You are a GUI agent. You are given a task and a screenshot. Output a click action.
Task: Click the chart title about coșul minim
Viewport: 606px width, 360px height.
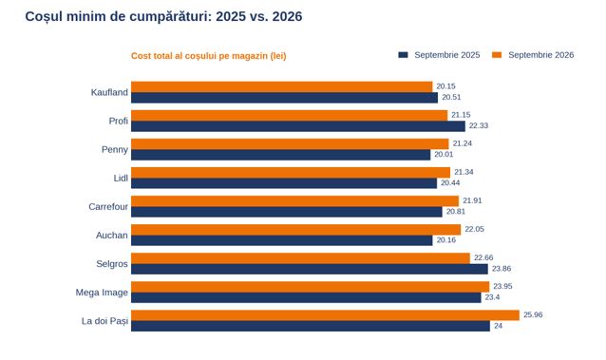[163, 17]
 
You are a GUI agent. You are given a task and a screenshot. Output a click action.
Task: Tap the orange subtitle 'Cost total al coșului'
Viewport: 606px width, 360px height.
[209, 56]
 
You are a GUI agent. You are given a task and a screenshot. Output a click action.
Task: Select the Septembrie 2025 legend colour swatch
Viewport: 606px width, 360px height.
[403, 55]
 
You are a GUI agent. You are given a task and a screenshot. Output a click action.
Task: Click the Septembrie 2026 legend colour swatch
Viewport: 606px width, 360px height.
[497, 55]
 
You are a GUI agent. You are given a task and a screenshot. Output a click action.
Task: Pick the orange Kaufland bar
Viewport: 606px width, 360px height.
[282, 86]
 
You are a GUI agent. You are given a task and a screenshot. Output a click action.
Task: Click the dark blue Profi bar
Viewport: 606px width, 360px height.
[298, 126]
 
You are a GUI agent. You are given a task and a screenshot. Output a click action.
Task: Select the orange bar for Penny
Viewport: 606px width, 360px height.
[290, 143]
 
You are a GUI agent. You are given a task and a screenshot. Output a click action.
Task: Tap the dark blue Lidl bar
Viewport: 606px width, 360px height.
[284, 183]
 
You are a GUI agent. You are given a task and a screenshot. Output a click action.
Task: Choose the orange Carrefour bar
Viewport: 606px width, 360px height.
[294, 201]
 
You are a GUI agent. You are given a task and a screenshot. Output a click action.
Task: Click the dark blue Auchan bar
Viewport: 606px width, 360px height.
[282, 240]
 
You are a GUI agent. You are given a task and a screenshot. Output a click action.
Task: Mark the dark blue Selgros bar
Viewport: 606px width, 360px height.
[310, 269]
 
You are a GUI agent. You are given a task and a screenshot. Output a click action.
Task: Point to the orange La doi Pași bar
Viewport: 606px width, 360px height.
[326, 315]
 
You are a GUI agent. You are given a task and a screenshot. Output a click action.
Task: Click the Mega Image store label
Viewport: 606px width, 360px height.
[102, 293]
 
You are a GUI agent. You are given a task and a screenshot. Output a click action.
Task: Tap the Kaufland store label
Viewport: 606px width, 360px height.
[109, 92]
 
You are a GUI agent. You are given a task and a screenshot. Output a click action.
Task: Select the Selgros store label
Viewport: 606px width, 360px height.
[112, 264]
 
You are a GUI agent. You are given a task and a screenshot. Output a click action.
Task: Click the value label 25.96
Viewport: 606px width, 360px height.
[533, 314]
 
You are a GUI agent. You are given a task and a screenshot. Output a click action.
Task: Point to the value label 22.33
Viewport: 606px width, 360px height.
[479, 125]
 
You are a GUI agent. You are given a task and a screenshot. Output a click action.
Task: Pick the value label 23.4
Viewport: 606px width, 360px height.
[492, 297]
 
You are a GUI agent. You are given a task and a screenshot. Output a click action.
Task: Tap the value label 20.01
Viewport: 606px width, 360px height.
[444, 154]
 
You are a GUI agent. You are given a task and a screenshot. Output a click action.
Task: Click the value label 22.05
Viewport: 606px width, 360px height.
[474, 229]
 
